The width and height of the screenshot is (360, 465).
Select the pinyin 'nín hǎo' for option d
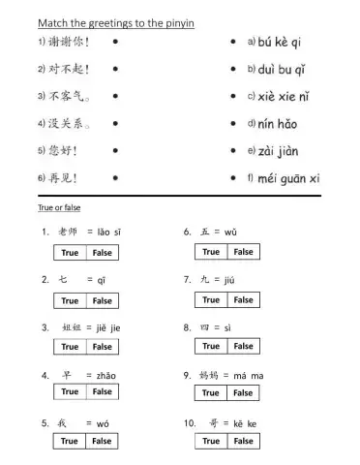click(278, 124)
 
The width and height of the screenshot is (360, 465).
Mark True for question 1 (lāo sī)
click(70, 253)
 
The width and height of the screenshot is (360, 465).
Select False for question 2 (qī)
click(103, 300)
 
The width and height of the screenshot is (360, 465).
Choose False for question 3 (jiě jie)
click(103, 347)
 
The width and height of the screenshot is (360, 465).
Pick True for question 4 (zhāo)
click(70, 392)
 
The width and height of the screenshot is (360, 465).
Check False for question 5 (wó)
click(103, 441)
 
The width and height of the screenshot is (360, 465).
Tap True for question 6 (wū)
click(211, 252)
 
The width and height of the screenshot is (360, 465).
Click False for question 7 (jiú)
click(244, 300)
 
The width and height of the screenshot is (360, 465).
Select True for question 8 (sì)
click(211, 346)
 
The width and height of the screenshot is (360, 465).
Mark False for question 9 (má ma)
click(244, 393)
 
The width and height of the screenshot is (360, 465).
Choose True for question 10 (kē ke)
click(211, 441)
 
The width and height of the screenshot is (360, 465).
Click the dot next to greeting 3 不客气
click(115, 97)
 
